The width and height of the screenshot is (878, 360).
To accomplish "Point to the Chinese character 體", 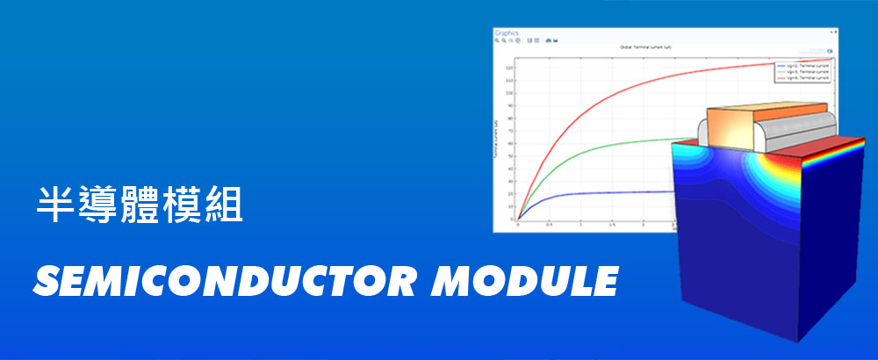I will coord(139,203).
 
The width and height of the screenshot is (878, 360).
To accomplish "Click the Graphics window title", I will coord(507,32).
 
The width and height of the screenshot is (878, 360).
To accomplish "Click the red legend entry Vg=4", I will coord(802,77).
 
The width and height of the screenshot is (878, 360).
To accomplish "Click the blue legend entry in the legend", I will coord(802,66).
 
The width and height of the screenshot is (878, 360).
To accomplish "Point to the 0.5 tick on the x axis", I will coord(549,225).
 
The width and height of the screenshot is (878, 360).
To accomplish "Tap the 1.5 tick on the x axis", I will coord(612,225).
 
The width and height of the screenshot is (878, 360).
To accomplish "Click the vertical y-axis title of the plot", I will coord(498,140).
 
